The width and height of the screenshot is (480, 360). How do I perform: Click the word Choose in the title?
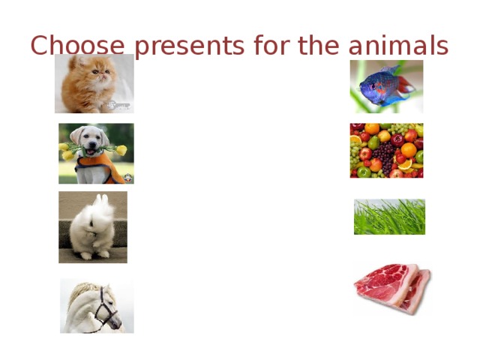click(x=67, y=46)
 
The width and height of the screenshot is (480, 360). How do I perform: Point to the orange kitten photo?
click(x=94, y=83)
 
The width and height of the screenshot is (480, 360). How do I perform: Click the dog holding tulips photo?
click(x=96, y=153)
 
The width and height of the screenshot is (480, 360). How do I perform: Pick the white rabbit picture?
click(x=93, y=226)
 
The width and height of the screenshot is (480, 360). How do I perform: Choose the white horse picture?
click(x=97, y=305)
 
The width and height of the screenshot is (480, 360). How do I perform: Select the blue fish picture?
click(x=386, y=86)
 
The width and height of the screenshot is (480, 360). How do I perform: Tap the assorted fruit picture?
click(x=386, y=150)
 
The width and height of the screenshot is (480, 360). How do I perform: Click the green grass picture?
click(x=389, y=217)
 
